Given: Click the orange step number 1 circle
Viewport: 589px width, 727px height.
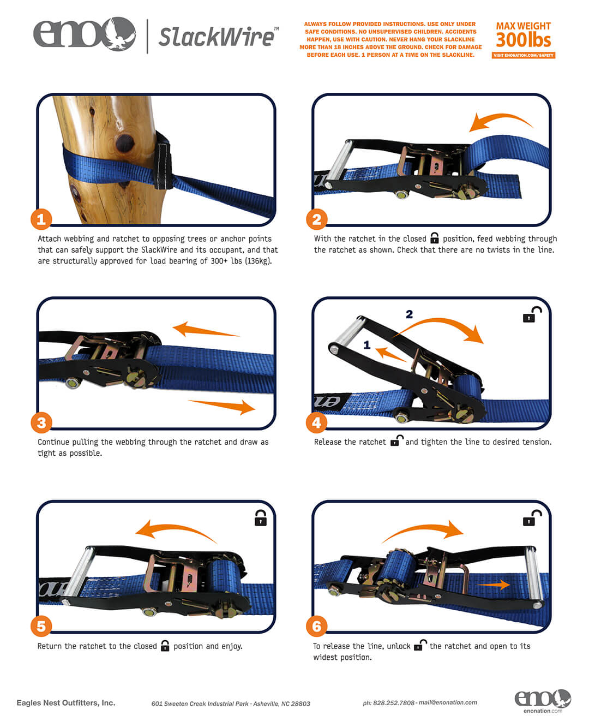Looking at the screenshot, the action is coord(41,219).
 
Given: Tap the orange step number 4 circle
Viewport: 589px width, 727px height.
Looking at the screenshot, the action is coord(316,422).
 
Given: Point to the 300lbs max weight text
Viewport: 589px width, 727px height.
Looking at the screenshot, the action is coord(523,40).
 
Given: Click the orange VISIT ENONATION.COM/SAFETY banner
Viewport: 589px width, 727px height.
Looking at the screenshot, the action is coord(523,55).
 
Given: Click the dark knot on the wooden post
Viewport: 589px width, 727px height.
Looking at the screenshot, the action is coord(124,143).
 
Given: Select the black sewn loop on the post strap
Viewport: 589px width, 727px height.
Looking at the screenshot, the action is coord(164,160).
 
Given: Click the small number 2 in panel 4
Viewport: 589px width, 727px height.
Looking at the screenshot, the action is coord(409,314).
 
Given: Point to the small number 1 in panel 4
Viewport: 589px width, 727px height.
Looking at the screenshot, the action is coord(366,344).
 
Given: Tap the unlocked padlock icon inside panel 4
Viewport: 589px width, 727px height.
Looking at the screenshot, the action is coord(531,314).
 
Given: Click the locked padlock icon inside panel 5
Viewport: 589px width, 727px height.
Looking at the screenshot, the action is coord(261,517).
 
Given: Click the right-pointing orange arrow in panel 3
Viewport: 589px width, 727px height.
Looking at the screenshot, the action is coord(221,406).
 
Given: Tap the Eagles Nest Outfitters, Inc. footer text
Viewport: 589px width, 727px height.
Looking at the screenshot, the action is coord(66,702).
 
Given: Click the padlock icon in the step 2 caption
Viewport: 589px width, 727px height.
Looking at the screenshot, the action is coord(434,237).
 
